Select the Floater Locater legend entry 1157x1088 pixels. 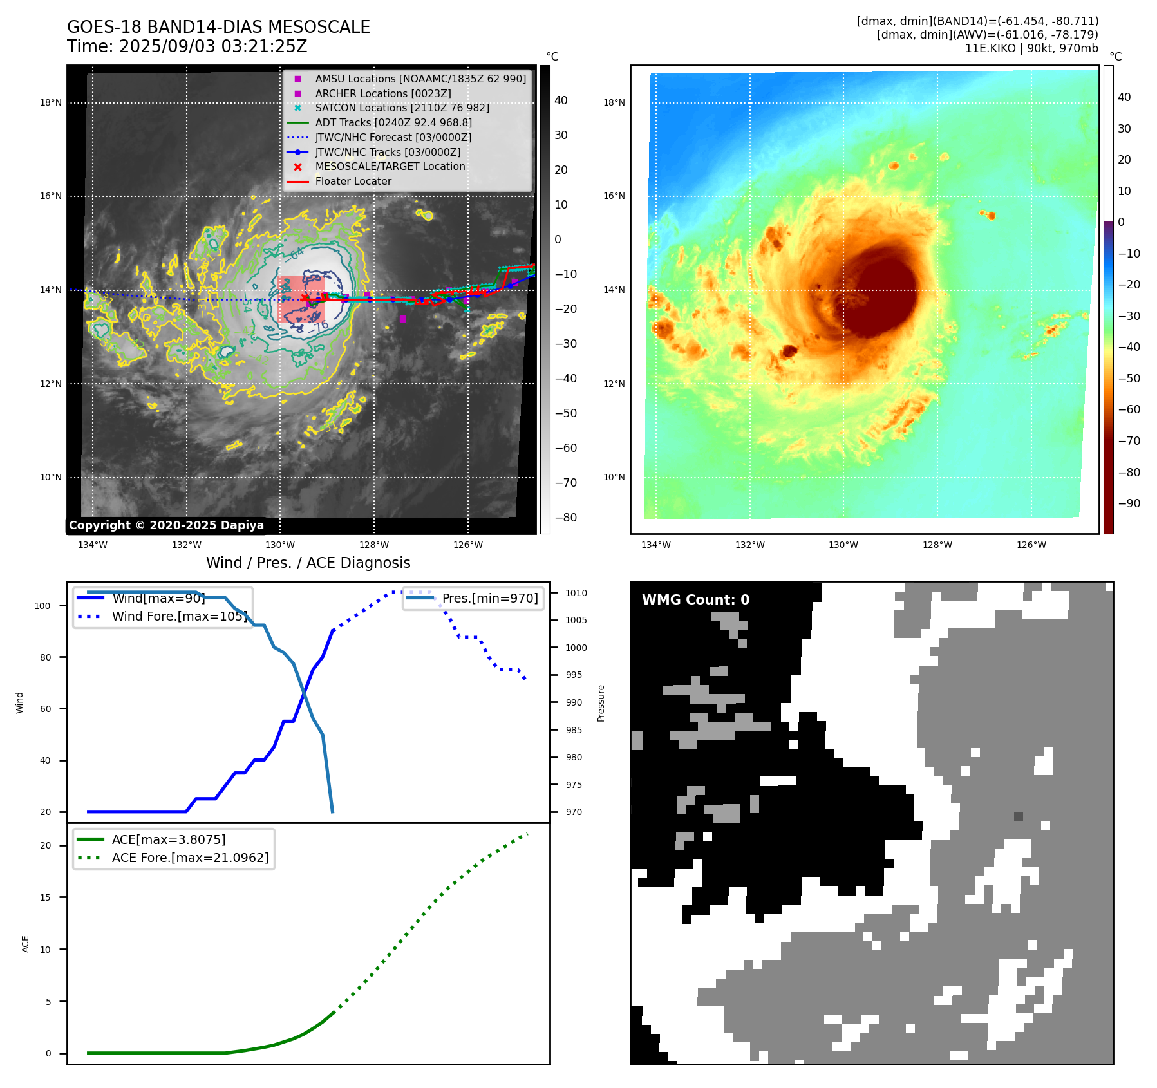pyautogui.click(x=353, y=181)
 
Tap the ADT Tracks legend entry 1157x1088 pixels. pyautogui.click(x=393, y=122)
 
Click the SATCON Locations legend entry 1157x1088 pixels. pyautogui.click(x=402, y=108)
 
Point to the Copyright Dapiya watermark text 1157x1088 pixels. pyautogui.click(x=166, y=525)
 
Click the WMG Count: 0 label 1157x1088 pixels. pyautogui.click(x=695, y=599)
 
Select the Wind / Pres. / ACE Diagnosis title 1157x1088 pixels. pyautogui.click(x=308, y=563)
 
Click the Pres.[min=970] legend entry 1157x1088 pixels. pyautogui.click(x=489, y=598)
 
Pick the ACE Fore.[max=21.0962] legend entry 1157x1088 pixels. pyautogui.click(x=189, y=858)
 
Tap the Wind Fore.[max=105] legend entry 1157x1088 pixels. pyautogui.click(x=179, y=616)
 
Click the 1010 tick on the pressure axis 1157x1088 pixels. pyautogui.click(x=576, y=593)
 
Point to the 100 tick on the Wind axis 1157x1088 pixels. pyautogui.click(x=42, y=606)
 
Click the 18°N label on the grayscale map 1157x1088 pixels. pyautogui.click(x=51, y=102)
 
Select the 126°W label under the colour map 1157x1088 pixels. pyautogui.click(x=1031, y=545)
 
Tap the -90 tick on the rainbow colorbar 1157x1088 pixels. pyautogui.click(x=1129, y=503)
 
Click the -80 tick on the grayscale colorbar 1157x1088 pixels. pyautogui.click(x=566, y=518)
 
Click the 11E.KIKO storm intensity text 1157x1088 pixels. pyautogui.click(x=1031, y=48)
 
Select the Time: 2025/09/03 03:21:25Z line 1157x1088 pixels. pyautogui.click(x=187, y=46)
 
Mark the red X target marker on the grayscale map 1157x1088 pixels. pyautogui.click(x=305, y=297)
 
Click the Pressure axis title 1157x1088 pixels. pyautogui.click(x=601, y=703)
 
